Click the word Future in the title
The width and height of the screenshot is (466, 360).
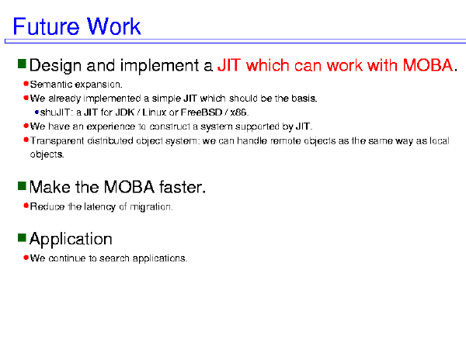(46, 26)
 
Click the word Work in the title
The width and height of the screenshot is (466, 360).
(113, 26)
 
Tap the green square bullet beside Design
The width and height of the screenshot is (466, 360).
(22, 64)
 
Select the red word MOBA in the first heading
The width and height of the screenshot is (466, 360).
(428, 65)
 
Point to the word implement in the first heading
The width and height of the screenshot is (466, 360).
(160, 66)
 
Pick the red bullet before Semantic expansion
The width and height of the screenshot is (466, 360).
(26, 84)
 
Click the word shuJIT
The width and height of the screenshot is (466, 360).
(56, 112)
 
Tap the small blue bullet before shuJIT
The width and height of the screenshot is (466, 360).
(37, 112)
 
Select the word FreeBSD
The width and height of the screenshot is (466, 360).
(201, 112)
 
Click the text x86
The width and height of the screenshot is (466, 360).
(239, 112)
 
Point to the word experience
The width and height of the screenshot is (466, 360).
(111, 126)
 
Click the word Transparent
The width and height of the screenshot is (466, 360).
(57, 140)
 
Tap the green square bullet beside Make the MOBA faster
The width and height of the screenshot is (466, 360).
(22, 186)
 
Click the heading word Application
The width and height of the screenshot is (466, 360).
(71, 239)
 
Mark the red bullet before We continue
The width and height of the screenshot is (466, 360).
(26, 258)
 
